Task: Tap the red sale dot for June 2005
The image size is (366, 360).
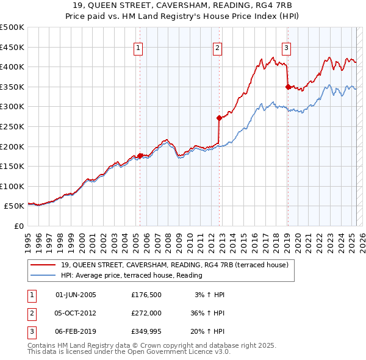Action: coord(140,156)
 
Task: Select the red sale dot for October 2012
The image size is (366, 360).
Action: coord(218,118)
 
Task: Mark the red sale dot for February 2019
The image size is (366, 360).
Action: coord(287,87)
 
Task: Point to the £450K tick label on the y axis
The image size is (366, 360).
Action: coord(12,47)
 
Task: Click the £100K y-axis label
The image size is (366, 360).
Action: coord(12,186)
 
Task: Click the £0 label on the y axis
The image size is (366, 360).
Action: coord(18,226)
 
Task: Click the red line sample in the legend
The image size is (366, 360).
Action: coord(43,264)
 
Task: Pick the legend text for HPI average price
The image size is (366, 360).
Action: coord(131,275)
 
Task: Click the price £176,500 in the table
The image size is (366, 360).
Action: coord(146,295)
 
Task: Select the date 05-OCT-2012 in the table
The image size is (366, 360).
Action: coord(76,314)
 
